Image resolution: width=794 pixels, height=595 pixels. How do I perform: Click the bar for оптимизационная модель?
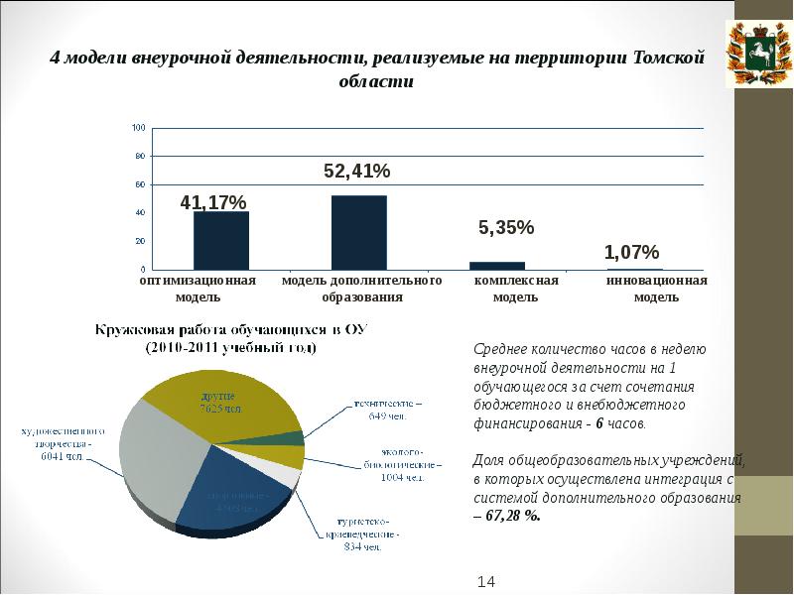pos(220,240)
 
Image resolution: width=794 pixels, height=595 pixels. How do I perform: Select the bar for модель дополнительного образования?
pos(358,232)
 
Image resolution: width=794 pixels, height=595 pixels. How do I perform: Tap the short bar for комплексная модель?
pos(496,265)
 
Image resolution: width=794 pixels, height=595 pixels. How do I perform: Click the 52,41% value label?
pos(357,172)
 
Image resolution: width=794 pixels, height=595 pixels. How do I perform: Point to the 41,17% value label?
pos(212,202)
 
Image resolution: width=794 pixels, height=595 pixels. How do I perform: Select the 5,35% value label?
pos(506,228)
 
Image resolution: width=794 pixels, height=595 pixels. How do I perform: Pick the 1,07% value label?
pos(631,252)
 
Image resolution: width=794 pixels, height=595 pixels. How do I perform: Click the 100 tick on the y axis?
pos(138,128)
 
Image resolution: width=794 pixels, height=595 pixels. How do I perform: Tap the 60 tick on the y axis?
pos(140,184)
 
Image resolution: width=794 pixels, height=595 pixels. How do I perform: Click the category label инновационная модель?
pos(656,289)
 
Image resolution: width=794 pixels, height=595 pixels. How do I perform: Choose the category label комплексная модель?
pos(516,289)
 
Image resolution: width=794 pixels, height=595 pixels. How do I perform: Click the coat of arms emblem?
pos(763,54)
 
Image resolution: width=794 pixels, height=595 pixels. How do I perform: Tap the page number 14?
pos(486,580)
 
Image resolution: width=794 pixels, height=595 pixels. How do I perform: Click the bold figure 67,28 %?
pos(512,516)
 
